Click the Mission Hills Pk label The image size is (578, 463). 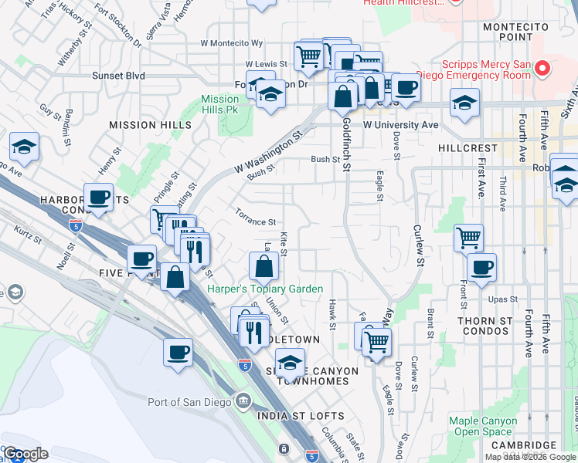point(220,104)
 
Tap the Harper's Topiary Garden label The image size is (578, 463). point(265,289)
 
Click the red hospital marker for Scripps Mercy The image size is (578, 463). point(542,69)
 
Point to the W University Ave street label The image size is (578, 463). point(400,124)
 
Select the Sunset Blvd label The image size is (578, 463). point(119,76)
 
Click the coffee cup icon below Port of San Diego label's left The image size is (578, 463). point(178,353)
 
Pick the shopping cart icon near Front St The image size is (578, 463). point(468,237)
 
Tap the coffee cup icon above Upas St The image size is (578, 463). point(481,267)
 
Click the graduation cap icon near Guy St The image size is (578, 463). point(24,147)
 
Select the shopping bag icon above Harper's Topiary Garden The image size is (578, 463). point(263,266)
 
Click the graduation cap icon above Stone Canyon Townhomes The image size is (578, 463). point(290,362)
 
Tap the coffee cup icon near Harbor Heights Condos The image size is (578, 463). point(99,198)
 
